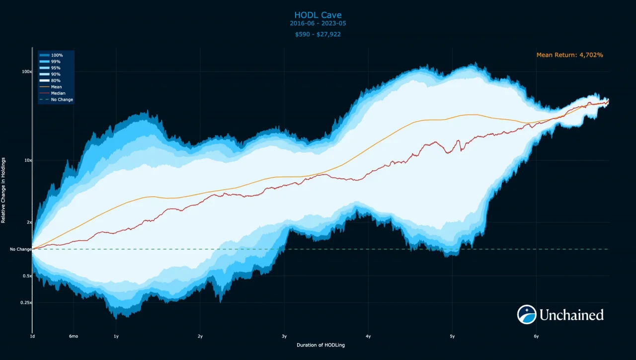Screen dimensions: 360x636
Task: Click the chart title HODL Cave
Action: [x=318, y=15]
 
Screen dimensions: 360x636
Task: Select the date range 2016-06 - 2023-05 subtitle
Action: [x=318, y=23]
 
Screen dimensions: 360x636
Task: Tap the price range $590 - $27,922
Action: [x=318, y=34]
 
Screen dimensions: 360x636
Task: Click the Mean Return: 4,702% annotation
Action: [x=569, y=55]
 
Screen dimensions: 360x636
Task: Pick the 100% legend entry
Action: [x=56, y=55]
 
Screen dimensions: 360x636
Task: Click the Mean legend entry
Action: [x=56, y=87]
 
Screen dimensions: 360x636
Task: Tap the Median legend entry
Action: [x=58, y=93]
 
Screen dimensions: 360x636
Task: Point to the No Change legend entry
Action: [x=62, y=100]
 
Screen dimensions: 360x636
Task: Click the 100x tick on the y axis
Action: [x=27, y=72]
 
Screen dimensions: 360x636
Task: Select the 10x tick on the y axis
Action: [x=28, y=160]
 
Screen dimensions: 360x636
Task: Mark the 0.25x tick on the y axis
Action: [x=25, y=303]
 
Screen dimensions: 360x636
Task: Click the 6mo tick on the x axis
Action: [x=74, y=337]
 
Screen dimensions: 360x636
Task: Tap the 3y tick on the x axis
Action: [x=284, y=337]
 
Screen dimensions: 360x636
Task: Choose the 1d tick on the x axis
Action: [x=32, y=337]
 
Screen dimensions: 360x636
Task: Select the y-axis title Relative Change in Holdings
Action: [x=3, y=190]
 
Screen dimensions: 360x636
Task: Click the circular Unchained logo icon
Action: [x=527, y=315]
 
